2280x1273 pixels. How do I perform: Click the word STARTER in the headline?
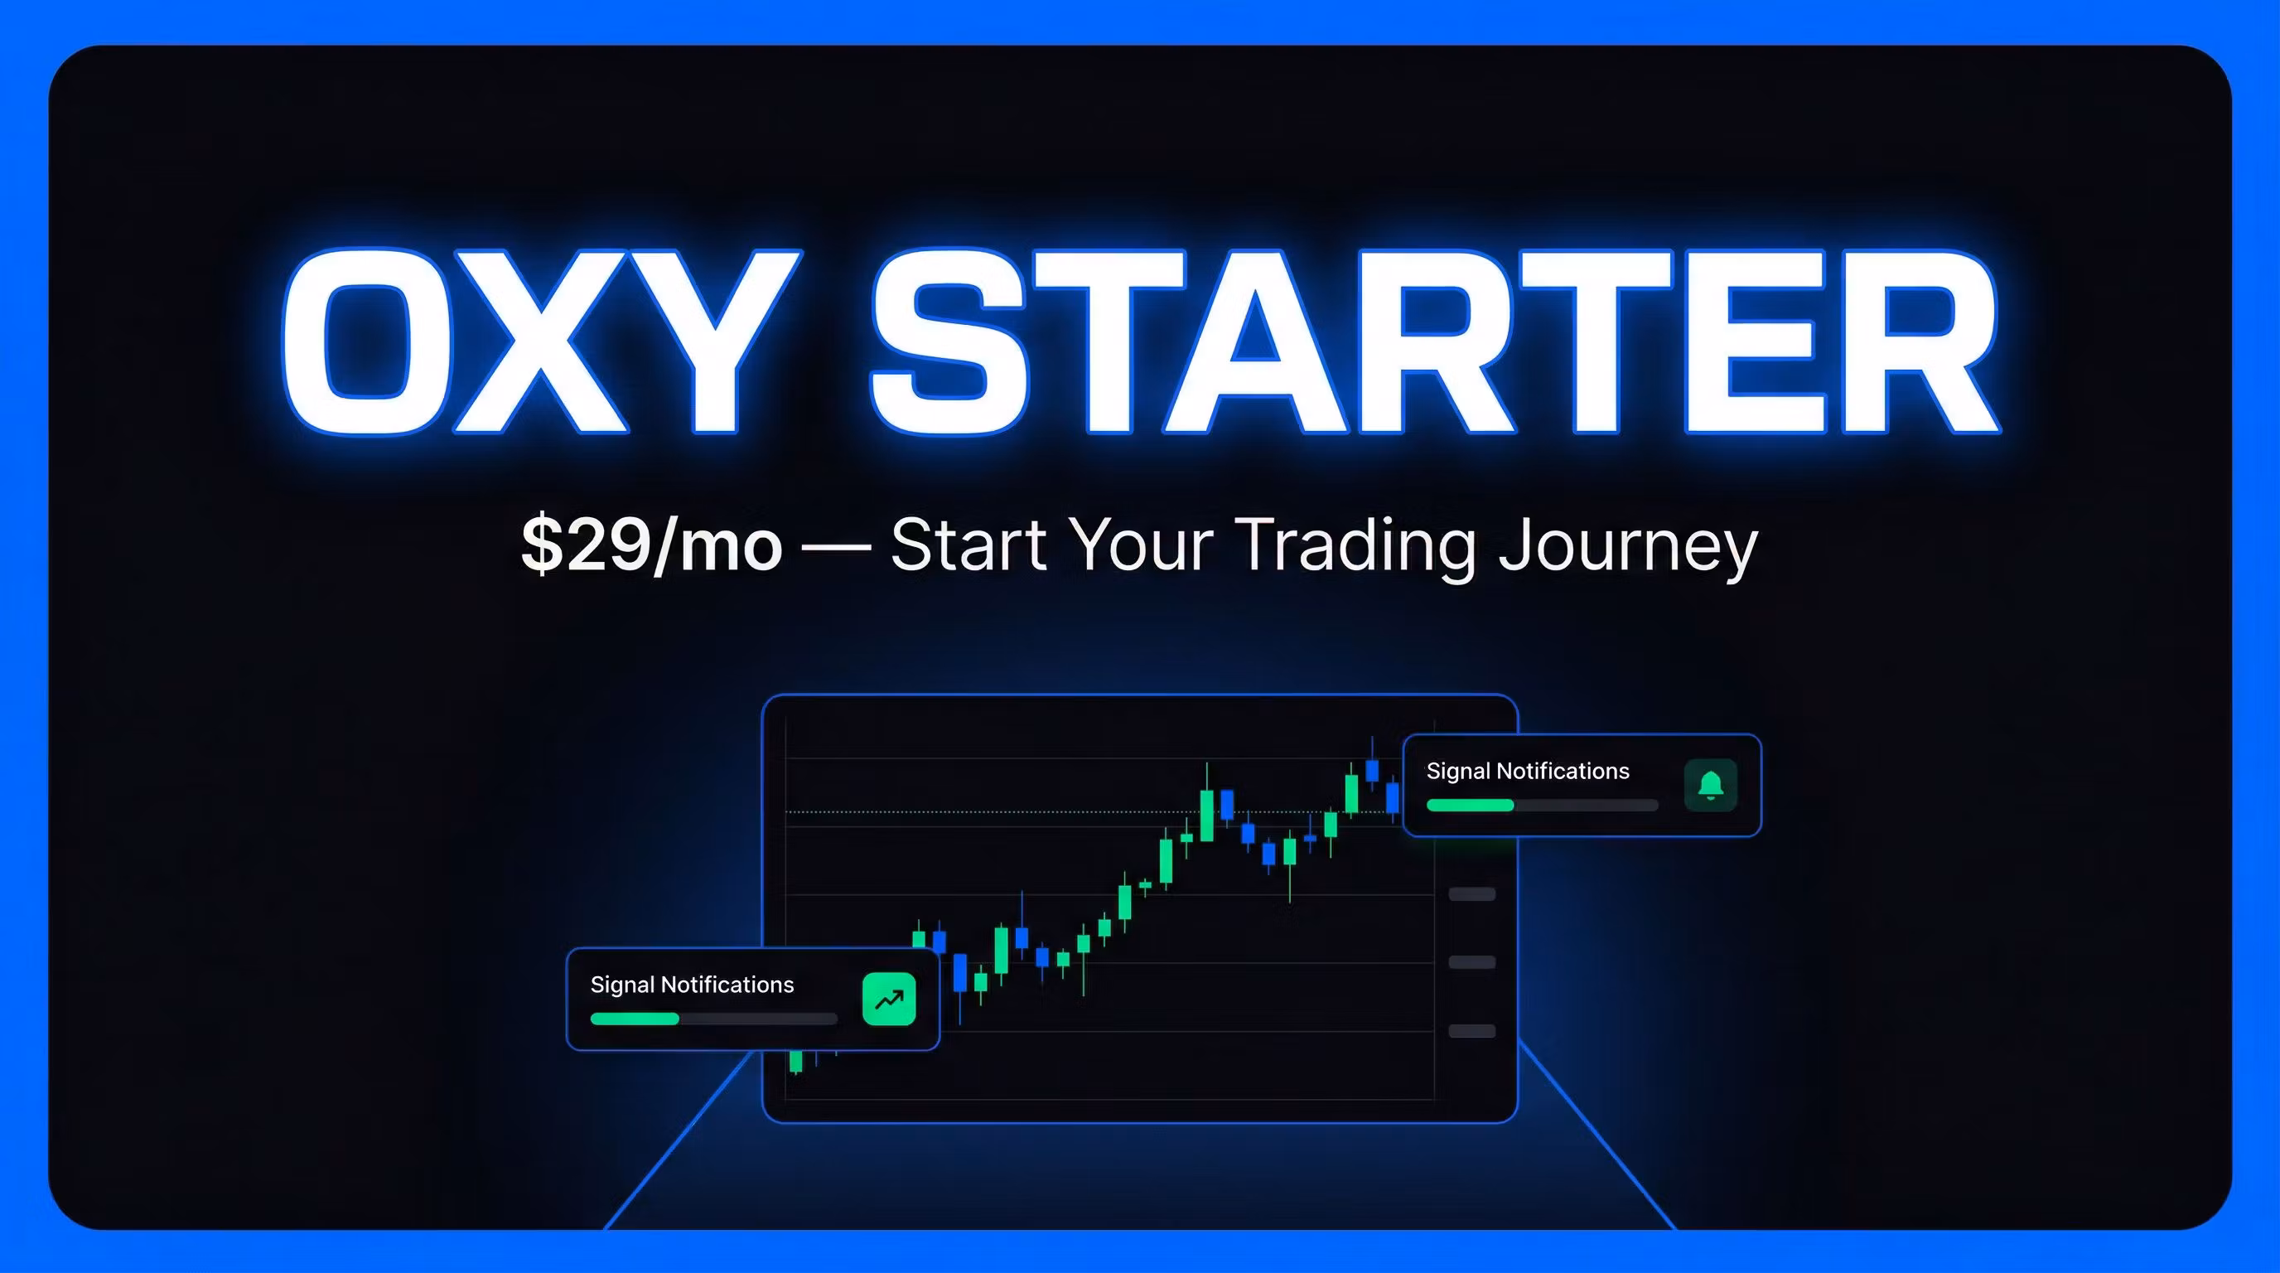click(1435, 341)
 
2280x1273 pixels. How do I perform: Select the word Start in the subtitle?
click(969, 545)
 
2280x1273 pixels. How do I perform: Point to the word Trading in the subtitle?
click(1355, 545)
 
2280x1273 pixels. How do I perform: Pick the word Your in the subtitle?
click(1141, 545)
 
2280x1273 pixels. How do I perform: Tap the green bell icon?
click(1710, 784)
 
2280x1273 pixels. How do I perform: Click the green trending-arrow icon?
click(889, 999)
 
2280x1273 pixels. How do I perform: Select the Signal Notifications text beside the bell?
click(1528, 771)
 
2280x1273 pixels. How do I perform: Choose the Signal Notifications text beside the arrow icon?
click(692, 985)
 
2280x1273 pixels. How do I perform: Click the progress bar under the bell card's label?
click(1542, 805)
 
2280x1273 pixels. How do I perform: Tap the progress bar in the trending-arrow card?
click(713, 1018)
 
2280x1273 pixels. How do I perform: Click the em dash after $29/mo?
click(835, 548)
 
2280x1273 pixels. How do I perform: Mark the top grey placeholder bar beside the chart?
click(1472, 894)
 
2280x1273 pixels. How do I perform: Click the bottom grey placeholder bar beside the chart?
click(1472, 1030)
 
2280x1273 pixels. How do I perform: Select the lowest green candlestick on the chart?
click(795, 1061)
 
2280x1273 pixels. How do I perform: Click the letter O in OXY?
click(366, 341)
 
